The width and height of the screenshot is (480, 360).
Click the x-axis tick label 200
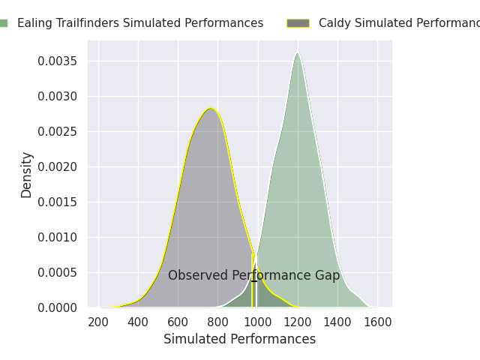pyautogui.click(x=97, y=322)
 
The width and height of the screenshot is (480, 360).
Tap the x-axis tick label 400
pyautogui.click(x=138, y=322)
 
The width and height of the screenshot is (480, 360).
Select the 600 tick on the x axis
pyautogui.click(x=178, y=322)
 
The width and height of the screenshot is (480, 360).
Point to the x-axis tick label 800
pyautogui.click(x=217, y=322)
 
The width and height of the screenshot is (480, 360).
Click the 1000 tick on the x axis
pyautogui.click(x=257, y=322)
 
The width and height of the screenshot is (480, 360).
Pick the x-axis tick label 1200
pyautogui.click(x=298, y=322)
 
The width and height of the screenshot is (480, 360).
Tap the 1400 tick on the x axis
pyautogui.click(x=337, y=322)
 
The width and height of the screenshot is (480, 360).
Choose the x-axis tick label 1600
pyautogui.click(x=377, y=322)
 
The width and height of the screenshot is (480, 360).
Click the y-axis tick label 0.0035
pyautogui.click(x=58, y=61)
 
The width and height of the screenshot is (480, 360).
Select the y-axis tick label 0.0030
pyautogui.click(x=58, y=96)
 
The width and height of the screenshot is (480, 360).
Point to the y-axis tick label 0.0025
pyautogui.click(x=58, y=131)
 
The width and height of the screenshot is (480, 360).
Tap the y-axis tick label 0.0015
pyautogui.click(x=58, y=202)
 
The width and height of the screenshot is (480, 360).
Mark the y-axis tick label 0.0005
pyautogui.click(x=58, y=272)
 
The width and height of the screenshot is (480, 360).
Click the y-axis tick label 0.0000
pyautogui.click(x=58, y=307)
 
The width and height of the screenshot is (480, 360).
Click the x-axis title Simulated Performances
pyautogui.click(x=239, y=340)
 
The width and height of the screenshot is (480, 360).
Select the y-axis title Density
pyautogui.click(x=27, y=174)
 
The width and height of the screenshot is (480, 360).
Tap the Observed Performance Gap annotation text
pyautogui.click(x=253, y=276)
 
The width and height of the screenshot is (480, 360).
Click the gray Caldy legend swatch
pyautogui.click(x=298, y=23)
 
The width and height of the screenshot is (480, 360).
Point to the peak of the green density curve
pyautogui.click(x=298, y=53)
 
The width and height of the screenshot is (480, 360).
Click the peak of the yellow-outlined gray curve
pyautogui.click(x=211, y=108)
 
